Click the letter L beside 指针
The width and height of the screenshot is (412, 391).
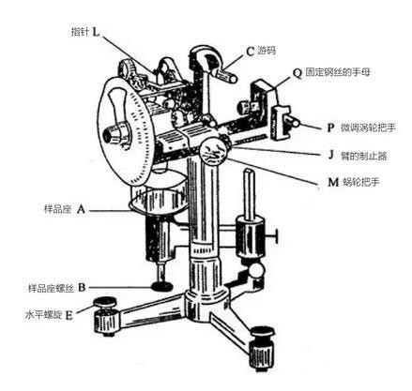point(96,32)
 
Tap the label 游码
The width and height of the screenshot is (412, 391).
point(267,51)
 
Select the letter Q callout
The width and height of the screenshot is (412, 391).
point(298,73)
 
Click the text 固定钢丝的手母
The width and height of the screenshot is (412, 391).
point(338,72)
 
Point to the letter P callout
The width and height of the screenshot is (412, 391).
point(330,128)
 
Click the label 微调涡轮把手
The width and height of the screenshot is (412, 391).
point(368,128)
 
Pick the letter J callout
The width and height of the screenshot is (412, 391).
point(331,155)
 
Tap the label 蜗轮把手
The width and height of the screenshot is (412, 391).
point(361,182)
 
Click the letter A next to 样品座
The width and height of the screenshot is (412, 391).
point(81,209)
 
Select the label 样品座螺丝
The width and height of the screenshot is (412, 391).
point(51,288)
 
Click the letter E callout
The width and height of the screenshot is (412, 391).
point(69,315)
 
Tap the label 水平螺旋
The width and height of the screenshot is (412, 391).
point(44,315)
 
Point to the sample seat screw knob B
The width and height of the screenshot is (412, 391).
point(162,285)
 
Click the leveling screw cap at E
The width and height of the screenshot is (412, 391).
point(105,302)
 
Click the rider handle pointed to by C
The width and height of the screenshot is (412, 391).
point(225,75)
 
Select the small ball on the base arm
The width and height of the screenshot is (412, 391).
point(257,271)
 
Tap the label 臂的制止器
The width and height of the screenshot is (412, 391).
point(364,156)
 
